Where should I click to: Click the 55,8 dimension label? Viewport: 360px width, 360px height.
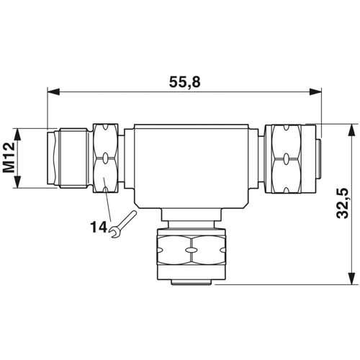click(x=184, y=82)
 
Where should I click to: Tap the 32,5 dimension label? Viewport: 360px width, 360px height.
click(x=343, y=203)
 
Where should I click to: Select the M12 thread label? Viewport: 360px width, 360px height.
click(x=9, y=158)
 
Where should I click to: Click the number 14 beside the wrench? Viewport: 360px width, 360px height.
click(x=99, y=227)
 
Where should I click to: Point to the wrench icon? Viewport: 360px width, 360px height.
click(x=122, y=225)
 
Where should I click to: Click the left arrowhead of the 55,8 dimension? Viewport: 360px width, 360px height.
click(x=53, y=91)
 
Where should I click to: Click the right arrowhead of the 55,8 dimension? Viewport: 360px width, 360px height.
click(x=315, y=91)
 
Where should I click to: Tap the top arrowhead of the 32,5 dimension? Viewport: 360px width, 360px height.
click(x=351, y=130)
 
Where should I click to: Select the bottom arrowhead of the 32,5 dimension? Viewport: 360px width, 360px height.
click(x=351, y=279)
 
